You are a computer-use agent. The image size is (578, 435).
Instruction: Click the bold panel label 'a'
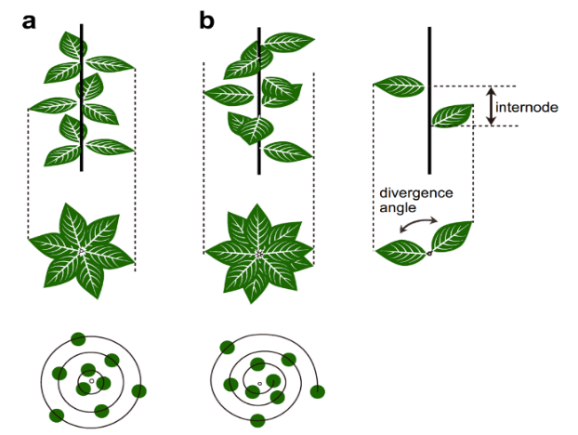[x=31, y=20]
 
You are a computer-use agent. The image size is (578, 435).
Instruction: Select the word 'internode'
[x=526, y=107]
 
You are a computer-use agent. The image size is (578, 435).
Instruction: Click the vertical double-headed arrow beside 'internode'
[x=490, y=106]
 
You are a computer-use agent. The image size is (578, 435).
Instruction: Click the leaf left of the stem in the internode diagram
[x=401, y=88]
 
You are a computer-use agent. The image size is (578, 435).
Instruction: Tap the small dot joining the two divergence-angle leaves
[x=428, y=252]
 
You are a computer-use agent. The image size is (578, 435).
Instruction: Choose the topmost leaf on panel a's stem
[x=70, y=43]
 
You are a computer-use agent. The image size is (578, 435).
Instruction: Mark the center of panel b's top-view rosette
[x=259, y=253]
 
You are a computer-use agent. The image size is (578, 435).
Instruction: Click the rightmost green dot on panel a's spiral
[x=141, y=391]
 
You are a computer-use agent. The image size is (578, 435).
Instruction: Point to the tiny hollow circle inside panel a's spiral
[x=91, y=381]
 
